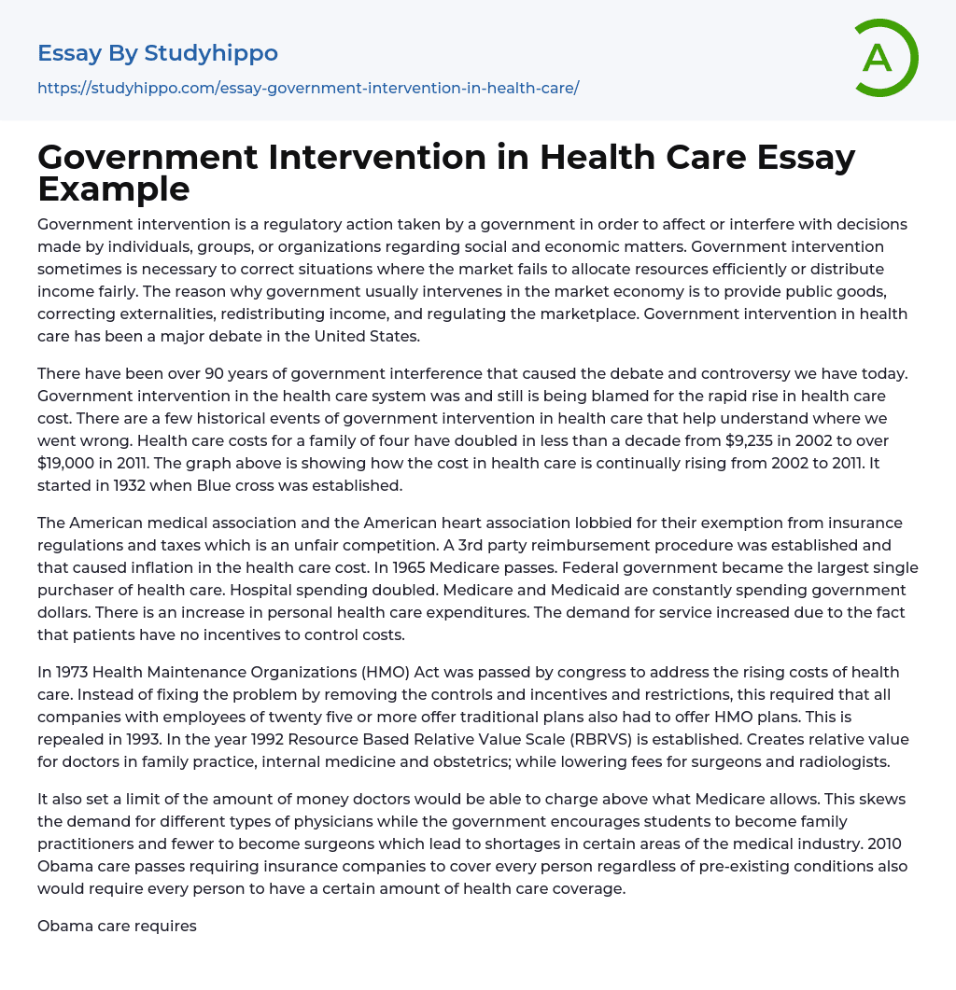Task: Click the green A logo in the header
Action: pyautogui.click(x=885, y=58)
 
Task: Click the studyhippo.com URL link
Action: pyautogui.click(x=308, y=88)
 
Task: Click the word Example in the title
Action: pyautogui.click(x=114, y=188)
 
